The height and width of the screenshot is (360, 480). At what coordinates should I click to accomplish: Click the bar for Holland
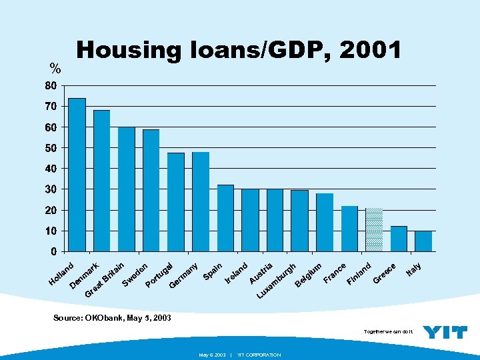pos(77,175)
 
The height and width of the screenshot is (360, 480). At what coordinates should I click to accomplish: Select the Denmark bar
pos(102,181)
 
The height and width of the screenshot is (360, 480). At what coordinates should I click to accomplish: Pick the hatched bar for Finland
pos(374,230)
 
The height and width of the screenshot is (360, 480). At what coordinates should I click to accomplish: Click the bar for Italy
pos(423,241)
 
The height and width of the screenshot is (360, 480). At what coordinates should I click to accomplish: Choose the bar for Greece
pos(399,239)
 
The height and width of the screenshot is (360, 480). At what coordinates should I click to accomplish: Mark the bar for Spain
pos(225,218)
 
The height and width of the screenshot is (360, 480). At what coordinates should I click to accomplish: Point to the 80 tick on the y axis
pos(50,86)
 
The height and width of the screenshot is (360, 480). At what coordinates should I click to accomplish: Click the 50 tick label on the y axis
pos(50,148)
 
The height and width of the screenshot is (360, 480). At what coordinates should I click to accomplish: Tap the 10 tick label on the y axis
pos(50,231)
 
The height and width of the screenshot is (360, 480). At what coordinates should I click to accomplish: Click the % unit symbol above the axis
pos(55,69)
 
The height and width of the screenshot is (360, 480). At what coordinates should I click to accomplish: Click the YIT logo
pos(445,332)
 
